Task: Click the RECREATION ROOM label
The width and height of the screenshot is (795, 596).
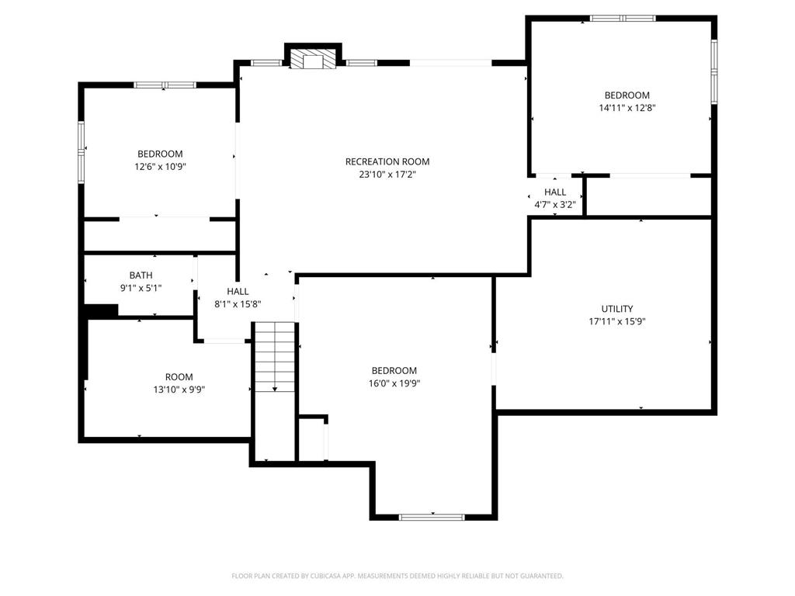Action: click(x=387, y=161)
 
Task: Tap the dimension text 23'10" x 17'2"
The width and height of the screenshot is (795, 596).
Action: click(x=387, y=175)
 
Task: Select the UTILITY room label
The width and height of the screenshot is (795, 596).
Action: click(x=617, y=309)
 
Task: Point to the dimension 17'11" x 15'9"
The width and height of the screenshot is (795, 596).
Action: click(x=617, y=321)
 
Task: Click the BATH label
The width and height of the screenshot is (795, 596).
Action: click(x=141, y=275)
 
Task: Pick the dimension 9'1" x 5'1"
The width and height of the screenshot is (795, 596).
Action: click(x=141, y=288)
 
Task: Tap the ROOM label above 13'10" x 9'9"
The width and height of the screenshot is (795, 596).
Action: click(x=179, y=377)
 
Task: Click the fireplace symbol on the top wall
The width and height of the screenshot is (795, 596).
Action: click(x=314, y=58)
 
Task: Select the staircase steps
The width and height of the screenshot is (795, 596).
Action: click(x=275, y=357)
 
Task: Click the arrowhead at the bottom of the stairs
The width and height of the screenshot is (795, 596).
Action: click(x=275, y=390)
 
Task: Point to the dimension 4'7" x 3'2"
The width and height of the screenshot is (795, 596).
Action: click(x=555, y=205)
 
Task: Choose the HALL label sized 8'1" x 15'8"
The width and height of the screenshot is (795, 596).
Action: click(x=238, y=292)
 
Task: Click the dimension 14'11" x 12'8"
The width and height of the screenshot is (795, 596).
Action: click(x=627, y=107)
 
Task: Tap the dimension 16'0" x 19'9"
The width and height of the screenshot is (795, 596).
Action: click(x=394, y=383)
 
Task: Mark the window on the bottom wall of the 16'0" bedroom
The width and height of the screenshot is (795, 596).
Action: click(x=432, y=517)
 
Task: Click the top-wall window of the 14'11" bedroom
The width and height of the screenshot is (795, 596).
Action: click(x=623, y=19)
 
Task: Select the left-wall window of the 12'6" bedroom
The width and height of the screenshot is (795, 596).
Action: click(x=81, y=151)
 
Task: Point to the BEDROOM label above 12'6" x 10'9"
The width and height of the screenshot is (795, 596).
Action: click(x=160, y=154)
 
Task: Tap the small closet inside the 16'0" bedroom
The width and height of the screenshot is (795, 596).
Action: click(x=312, y=439)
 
